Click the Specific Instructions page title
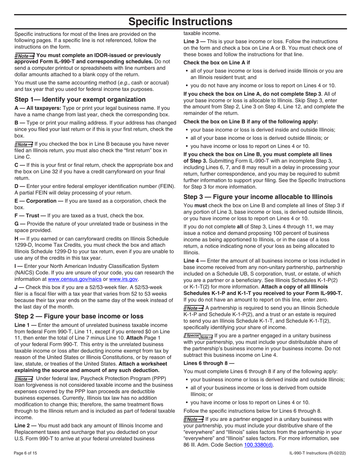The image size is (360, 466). (180, 22)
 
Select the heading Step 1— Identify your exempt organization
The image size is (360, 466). (80, 100)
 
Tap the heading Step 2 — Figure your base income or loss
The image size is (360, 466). (79, 316)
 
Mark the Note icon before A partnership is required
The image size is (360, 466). (193, 308)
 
